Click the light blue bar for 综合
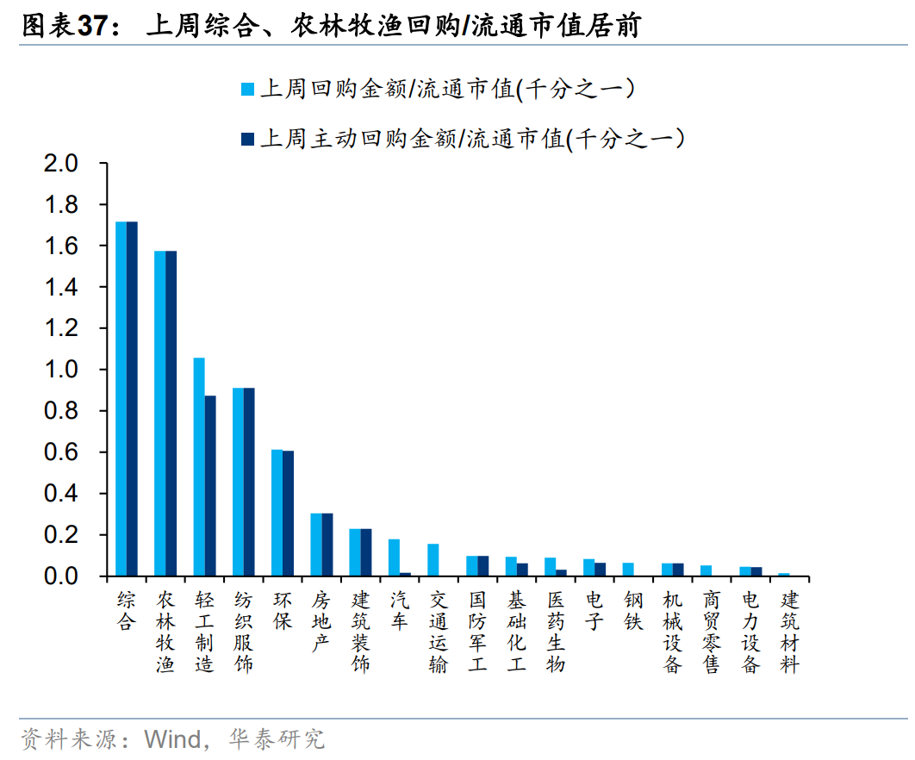click(x=121, y=398)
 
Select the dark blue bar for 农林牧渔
click(x=171, y=413)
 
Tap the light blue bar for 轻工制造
click(x=199, y=466)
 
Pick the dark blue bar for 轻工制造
click(x=210, y=485)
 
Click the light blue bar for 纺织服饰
click(x=238, y=482)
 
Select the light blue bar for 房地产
click(x=315, y=544)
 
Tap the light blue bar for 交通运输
click(x=433, y=559)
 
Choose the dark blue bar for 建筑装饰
click(x=366, y=551)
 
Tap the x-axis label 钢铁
click(x=633, y=609)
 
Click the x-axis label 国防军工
click(x=477, y=631)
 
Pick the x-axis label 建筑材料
click(x=789, y=631)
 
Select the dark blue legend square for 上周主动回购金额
click(x=248, y=138)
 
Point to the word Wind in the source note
click(x=171, y=738)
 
